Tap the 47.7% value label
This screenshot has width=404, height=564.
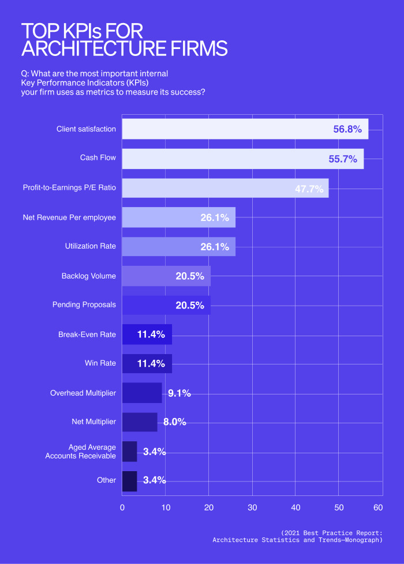[x=309, y=189]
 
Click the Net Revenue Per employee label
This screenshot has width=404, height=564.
[x=69, y=217]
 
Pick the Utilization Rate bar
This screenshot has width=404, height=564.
[x=178, y=246]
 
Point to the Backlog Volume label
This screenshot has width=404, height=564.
[x=88, y=276]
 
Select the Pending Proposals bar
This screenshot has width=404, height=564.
[x=166, y=305]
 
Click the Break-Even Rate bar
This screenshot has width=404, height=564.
[x=147, y=334]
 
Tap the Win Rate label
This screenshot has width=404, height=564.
[x=100, y=363]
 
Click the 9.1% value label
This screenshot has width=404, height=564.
[x=179, y=393]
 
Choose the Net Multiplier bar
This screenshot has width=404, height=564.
[x=139, y=422]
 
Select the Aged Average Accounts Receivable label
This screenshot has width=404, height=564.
[x=81, y=452]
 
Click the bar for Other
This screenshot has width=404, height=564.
[x=129, y=480]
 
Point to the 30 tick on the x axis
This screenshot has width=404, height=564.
[x=252, y=507]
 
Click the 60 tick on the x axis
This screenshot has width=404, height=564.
[x=378, y=507]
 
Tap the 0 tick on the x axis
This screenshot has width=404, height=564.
[x=122, y=507]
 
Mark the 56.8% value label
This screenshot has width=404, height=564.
[x=347, y=129]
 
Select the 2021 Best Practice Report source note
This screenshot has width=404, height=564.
[x=297, y=536]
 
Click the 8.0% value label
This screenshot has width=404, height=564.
[x=174, y=422]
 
